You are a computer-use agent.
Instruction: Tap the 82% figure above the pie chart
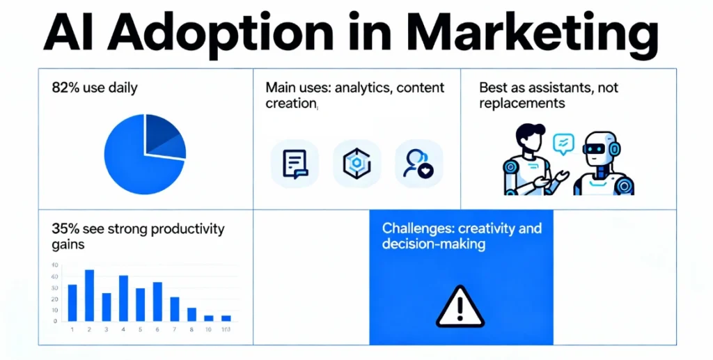click(65, 88)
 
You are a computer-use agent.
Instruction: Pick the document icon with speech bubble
click(294, 164)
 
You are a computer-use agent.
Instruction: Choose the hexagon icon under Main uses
click(356, 164)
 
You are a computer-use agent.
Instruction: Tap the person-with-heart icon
click(418, 164)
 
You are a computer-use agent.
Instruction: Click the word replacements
click(522, 104)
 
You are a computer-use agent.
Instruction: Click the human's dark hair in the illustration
click(528, 132)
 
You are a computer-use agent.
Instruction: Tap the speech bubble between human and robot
click(563, 143)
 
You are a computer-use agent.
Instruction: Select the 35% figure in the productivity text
click(64, 228)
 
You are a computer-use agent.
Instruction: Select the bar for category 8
click(191, 314)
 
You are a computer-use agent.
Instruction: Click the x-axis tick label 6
click(157, 329)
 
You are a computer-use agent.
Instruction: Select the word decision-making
click(434, 244)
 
